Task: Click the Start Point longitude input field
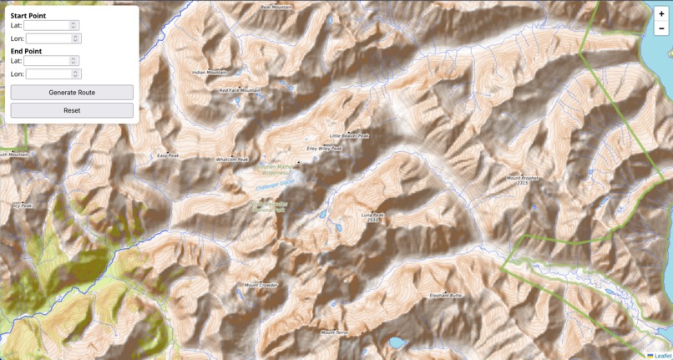click(50, 38)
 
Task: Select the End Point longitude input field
click(50, 74)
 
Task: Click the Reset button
click(72, 110)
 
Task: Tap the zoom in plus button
click(661, 13)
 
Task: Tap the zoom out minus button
click(661, 28)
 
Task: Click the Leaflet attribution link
click(662, 355)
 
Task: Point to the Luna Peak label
click(372, 215)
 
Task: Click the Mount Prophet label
click(524, 178)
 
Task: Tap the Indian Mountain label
click(210, 73)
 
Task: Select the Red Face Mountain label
click(240, 90)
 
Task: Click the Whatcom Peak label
click(232, 159)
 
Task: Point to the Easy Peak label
click(168, 155)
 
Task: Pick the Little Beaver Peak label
click(349, 135)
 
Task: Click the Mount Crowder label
click(261, 285)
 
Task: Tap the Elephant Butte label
click(446, 295)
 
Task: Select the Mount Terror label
click(335, 332)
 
